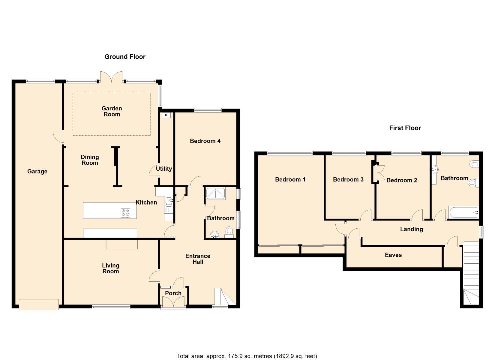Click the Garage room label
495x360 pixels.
click(37, 171)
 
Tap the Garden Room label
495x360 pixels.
click(112, 111)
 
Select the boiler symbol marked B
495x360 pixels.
click(166, 115)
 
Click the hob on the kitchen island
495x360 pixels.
click(126, 213)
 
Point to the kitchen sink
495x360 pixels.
click(169, 201)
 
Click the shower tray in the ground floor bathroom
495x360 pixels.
click(216, 193)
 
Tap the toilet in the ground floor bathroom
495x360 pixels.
click(229, 231)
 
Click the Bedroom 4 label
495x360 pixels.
click(205, 141)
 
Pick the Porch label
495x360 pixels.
click(173, 293)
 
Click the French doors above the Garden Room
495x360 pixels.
click(111, 77)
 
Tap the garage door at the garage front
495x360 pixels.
click(39, 304)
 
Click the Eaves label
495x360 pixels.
click(393, 255)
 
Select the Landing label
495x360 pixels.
click(411, 229)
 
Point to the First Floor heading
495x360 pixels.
click(405, 128)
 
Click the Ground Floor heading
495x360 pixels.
click(125, 57)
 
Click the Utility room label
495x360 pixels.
click(164, 169)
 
